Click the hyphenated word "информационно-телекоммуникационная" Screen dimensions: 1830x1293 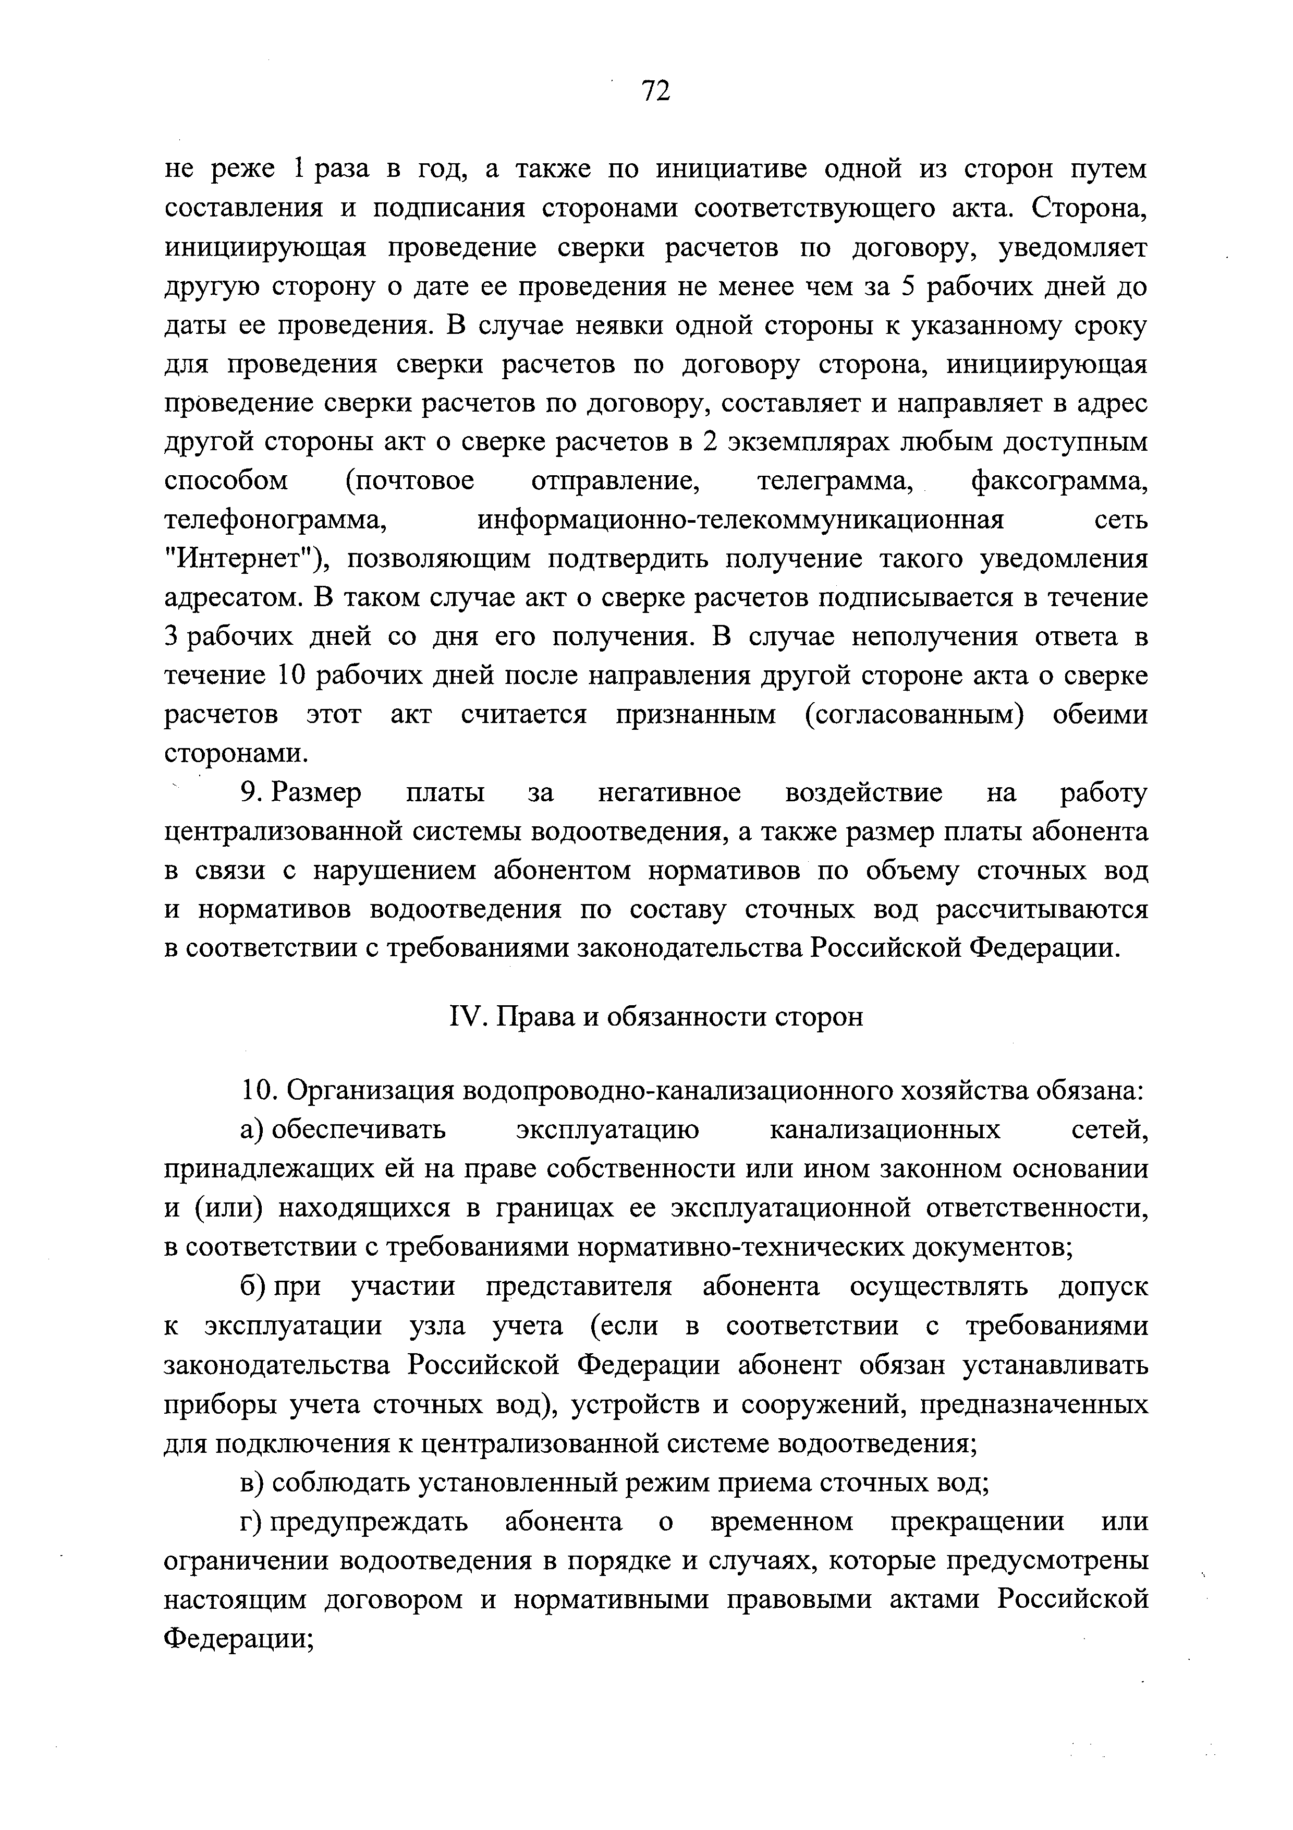pos(740,521)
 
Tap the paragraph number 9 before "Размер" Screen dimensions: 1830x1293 pos(251,793)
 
